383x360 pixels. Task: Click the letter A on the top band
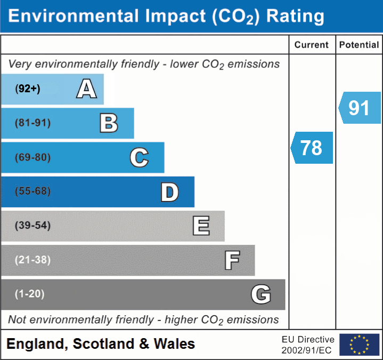coord(86,89)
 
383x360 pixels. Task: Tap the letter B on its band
coord(109,123)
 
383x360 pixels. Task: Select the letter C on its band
coord(139,158)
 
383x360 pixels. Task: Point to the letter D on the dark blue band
coord(169,192)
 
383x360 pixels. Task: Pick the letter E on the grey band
coord(200,226)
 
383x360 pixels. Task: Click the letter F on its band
coord(231,260)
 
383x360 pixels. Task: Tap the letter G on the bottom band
coord(261,294)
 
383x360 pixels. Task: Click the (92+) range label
coord(28,89)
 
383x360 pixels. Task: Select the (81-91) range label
coord(33,123)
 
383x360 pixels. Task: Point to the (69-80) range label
coord(33,158)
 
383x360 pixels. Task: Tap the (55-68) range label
coord(33,191)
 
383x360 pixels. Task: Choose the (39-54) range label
coord(33,226)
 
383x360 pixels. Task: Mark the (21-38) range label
coord(33,260)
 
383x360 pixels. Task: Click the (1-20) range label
coord(30,294)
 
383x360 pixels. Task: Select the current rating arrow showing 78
coord(312,148)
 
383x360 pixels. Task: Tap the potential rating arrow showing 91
coord(360,108)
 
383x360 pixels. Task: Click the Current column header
coord(312,45)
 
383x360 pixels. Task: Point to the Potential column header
coord(359,45)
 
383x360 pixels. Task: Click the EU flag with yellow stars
coord(359,345)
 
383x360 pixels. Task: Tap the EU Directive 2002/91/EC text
coord(308,345)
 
